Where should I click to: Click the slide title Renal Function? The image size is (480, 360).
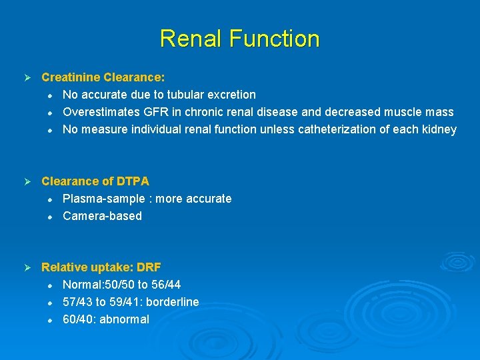(x=239, y=38)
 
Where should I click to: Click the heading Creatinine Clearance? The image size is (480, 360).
(x=103, y=77)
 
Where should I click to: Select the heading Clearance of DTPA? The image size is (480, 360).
(x=95, y=181)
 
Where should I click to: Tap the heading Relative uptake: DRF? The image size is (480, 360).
(x=101, y=267)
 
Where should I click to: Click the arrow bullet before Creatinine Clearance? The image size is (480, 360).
(x=27, y=78)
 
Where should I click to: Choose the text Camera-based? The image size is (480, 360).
(x=102, y=216)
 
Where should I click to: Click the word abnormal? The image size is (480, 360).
(x=125, y=319)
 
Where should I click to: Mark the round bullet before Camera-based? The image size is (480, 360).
(x=49, y=217)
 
